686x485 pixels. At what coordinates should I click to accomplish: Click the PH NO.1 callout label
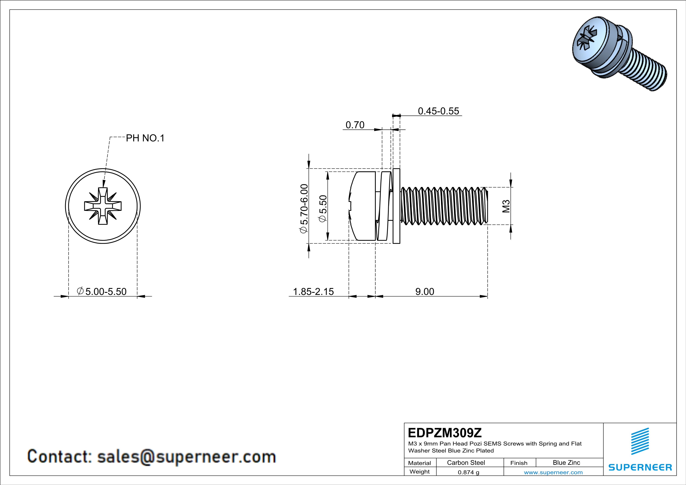coord(145,138)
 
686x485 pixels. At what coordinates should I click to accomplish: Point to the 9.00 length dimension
coord(424,291)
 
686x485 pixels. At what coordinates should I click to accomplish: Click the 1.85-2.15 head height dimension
coord(313,291)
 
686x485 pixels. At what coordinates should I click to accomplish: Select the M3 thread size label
coord(506,206)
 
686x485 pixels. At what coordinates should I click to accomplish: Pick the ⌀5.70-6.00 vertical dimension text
coord(304,208)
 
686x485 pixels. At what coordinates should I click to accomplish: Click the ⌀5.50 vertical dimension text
coord(323,208)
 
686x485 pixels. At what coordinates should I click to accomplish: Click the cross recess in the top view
coord(103,206)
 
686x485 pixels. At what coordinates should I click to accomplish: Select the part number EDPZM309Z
coord(445,433)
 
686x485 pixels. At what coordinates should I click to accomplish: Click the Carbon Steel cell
coord(466,463)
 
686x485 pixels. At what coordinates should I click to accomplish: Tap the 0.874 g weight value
coord(468,472)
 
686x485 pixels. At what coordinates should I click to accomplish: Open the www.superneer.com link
coord(553,472)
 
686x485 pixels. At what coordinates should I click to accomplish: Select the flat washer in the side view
coord(396,206)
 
